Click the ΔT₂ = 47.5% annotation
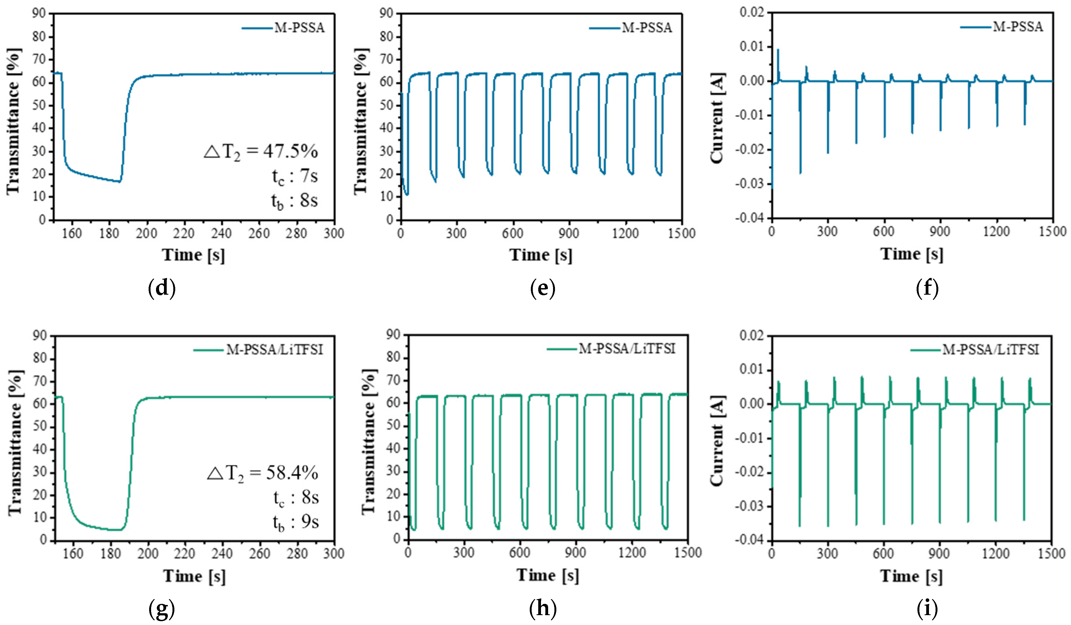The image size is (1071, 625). (260, 152)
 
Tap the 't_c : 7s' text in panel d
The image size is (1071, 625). (294, 176)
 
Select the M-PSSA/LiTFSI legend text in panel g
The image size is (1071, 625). (274, 350)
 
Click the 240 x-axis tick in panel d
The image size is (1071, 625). (222, 233)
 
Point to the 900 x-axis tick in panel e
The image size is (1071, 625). (569, 233)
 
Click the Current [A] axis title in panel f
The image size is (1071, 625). (717, 118)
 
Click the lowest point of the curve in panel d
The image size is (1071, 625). (120, 182)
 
